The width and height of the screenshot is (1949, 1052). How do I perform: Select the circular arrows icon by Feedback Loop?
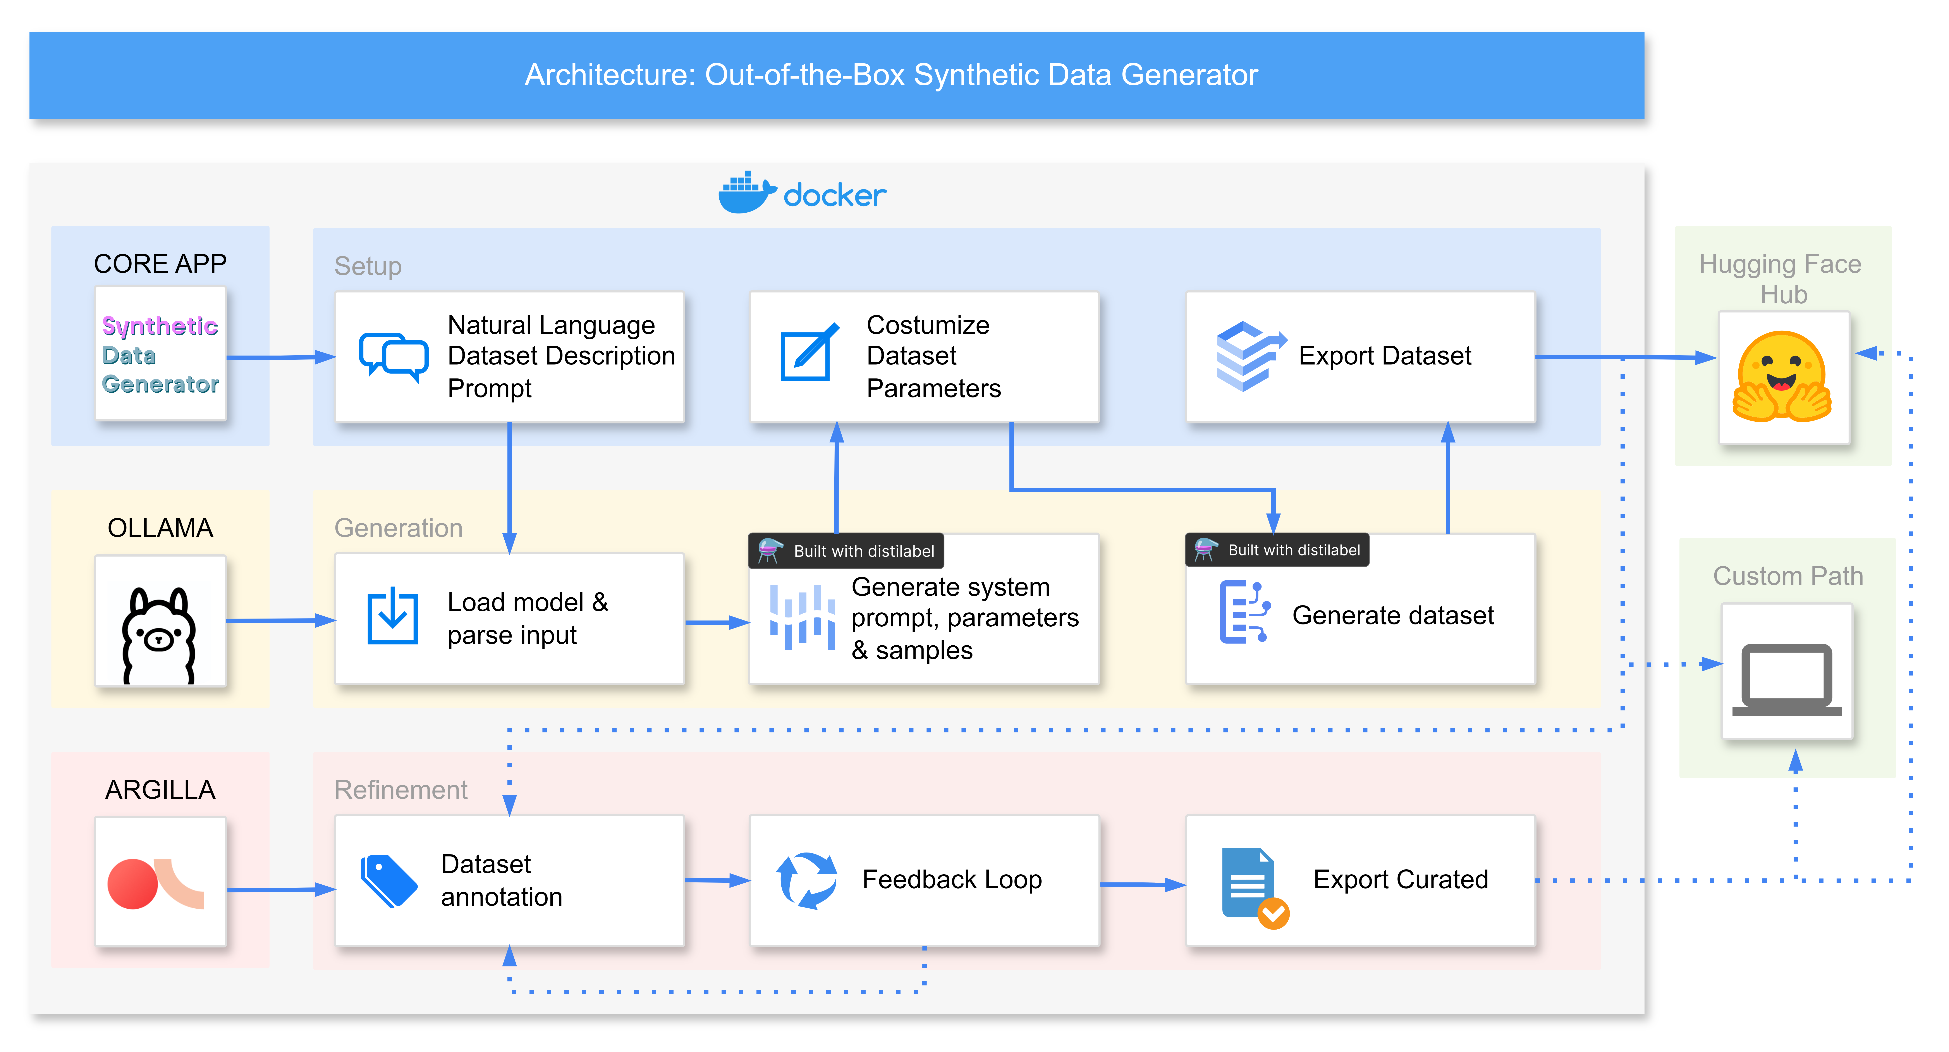806,880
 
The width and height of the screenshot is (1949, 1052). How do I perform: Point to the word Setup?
368,266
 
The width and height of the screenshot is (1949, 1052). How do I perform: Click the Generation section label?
398,528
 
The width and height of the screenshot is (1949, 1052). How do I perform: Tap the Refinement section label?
400,790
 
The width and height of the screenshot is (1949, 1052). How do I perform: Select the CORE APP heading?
160,263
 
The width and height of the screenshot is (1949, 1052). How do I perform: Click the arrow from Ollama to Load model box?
280,621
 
